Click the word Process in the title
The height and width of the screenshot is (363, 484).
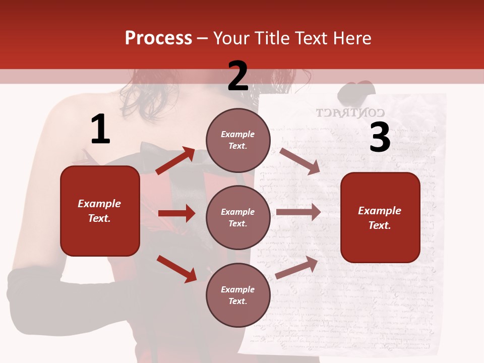click(158, 38)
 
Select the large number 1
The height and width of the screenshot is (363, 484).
click(100, 130)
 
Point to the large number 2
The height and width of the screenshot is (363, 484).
click(238, 76)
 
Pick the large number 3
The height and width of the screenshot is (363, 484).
click(380, 138)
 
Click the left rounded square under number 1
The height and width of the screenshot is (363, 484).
click(100, 211)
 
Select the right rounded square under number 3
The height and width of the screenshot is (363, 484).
click(380, 218)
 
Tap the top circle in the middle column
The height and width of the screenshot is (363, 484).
click(238, 140)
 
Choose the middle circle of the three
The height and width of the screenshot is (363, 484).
click(238, 218)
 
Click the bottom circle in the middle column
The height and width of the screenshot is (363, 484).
click(238, 295)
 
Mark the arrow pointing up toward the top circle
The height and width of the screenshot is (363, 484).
click(175, 161)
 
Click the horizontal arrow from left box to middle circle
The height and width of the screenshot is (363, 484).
click(176, 213)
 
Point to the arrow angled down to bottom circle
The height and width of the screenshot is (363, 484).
click(176, 269)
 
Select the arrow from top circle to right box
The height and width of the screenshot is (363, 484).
click(299, 161)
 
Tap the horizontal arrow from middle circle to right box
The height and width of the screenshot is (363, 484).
click(298, 212)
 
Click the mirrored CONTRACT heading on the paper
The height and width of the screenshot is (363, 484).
click(350, 113)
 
